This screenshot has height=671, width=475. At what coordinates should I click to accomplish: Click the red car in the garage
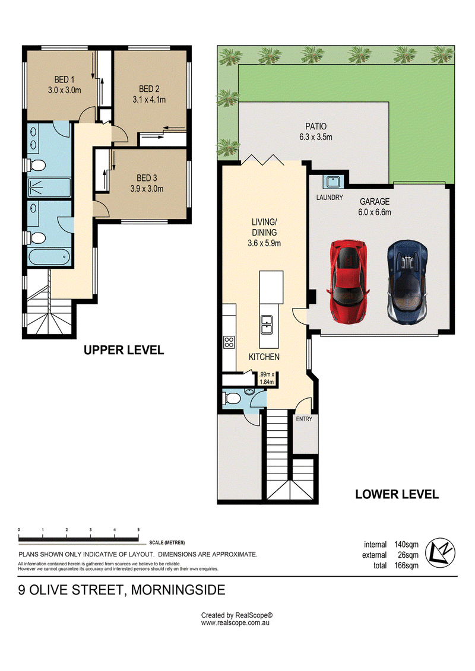pos(349,281)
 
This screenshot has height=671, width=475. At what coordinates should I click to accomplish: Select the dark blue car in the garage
pos(407,281)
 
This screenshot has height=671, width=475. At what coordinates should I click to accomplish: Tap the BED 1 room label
pos(64,79)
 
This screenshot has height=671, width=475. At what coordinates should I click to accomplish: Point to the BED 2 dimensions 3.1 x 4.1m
pos(149,100)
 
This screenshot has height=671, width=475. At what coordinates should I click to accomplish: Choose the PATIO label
pos(316,127)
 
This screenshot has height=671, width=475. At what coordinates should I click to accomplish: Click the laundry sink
pos(333,182)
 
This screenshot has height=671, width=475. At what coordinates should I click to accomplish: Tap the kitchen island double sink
pos(267,325)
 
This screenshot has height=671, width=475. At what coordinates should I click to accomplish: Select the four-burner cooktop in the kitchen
pos(229,342)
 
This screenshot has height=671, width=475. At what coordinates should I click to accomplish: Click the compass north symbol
pos(440,552)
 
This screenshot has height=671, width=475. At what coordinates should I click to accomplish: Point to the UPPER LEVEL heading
pos(123,350)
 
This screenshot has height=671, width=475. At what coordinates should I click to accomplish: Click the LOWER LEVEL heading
pos(397,495)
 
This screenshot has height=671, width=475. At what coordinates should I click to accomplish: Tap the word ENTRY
pos(304,419)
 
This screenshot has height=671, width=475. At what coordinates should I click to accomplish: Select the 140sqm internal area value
pos(406,545)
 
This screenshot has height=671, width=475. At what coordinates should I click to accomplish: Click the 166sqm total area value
pos(406,566)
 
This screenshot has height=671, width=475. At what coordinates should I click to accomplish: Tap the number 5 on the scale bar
pos(138,530)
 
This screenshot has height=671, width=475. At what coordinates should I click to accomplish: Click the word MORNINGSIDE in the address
pos(178,590)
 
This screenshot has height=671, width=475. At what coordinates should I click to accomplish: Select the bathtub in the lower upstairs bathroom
pos(49,257)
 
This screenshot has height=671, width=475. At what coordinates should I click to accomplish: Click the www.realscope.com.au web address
pos(235,623)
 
